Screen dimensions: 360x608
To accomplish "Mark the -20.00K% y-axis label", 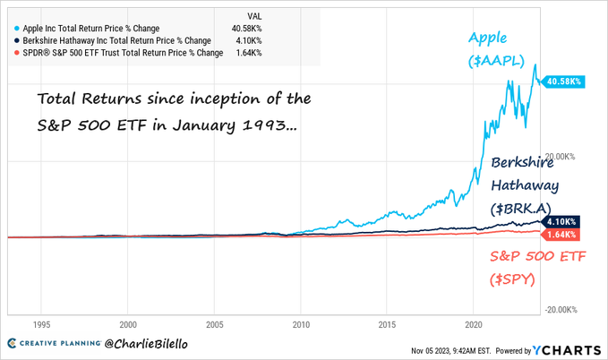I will [565, 310].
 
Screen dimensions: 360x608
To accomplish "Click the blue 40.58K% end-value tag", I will [563, 80].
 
